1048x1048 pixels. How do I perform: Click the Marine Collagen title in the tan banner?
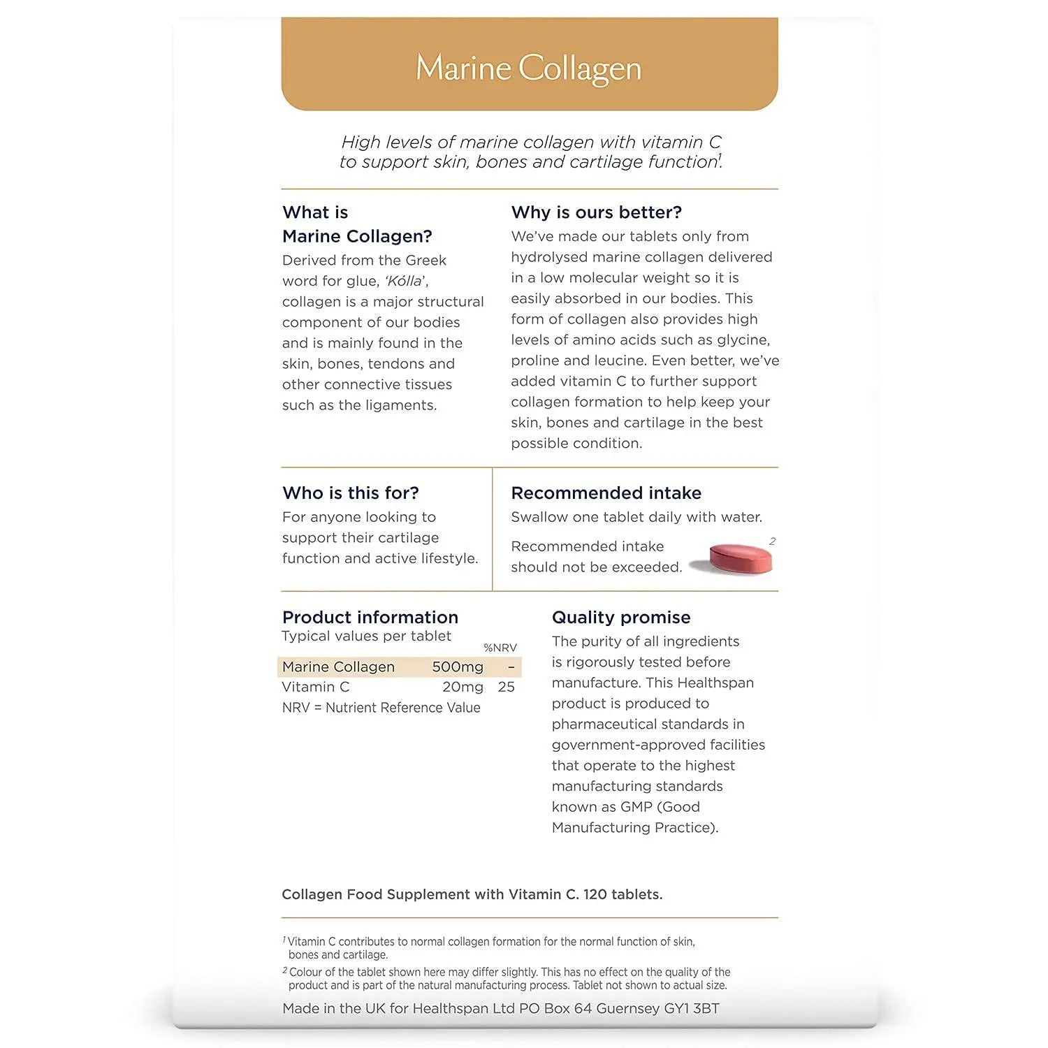coord(528,68)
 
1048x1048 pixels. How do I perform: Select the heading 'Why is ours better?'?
coord(596,212)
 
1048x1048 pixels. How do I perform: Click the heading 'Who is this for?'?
coord(350,493)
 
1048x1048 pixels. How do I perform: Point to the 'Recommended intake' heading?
coord(606,493)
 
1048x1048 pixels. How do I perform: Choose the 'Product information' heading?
coord(370,618)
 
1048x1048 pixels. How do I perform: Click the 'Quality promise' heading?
coord(620,618)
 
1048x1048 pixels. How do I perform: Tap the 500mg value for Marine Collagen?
coord(457,667)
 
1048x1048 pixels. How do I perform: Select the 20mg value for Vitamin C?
coord(462,687)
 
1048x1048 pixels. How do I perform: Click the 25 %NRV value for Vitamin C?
coord(506,687)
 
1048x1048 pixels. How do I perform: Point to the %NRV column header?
coord(500,648)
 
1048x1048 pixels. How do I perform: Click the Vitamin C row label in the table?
coord(315,687)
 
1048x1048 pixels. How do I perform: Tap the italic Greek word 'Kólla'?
coord(405,282)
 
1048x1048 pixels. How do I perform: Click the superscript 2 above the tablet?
coord(772,541)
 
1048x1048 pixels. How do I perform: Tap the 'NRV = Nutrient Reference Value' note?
coord(381,708)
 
